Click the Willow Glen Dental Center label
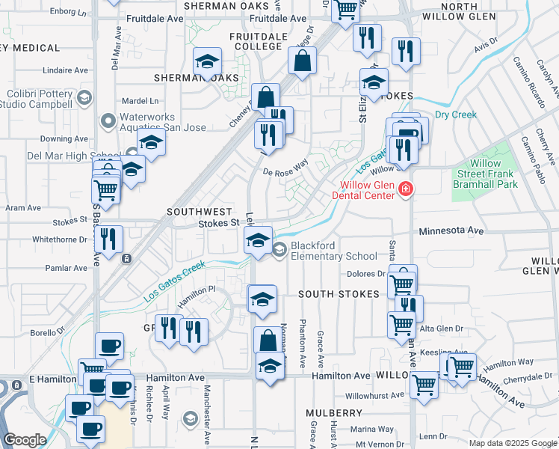point(367,190)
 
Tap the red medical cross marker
point(406,189)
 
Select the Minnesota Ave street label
point(452,231)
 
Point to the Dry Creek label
point(455,114)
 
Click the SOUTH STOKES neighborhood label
point(339,294)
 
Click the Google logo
point(25,440)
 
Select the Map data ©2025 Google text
point(512,443)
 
